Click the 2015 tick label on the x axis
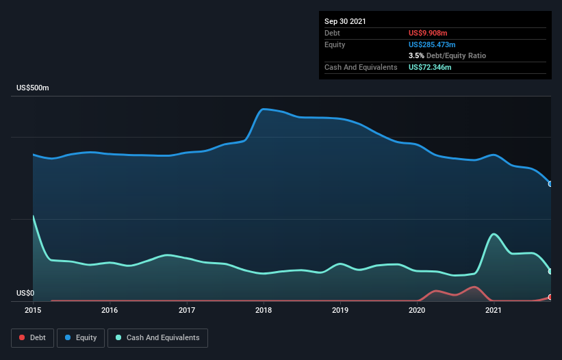tap(33, 310)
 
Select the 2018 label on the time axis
tap(264, 310)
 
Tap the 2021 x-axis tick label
tap(493, 310)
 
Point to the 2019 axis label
tap(340, 310)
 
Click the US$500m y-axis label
tap(33, 88)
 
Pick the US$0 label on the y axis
tap(25, 293)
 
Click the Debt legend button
tap(33, 338)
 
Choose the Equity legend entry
tap(81, 338)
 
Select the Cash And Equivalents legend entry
tap(157, 338)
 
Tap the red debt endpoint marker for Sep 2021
tap(550, 297)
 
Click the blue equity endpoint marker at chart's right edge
tap(550, 183)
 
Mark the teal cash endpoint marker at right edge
tap(550, 272)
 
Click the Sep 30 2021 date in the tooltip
tap(345, 21)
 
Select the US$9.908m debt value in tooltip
tap(428, 33)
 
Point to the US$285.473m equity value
tap(432, 44)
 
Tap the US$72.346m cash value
tap(430, 67)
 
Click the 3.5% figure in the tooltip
tap(416, 56)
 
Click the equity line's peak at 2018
tap(264, 110)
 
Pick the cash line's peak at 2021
tap(494, 234)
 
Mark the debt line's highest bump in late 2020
tap(474, 287)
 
